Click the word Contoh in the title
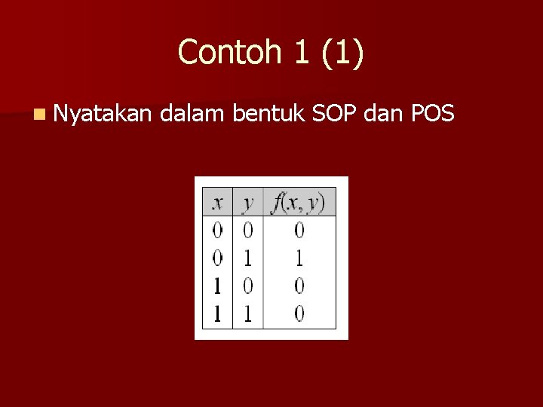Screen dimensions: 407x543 225,52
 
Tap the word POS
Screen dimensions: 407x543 433,114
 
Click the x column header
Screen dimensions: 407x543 217,202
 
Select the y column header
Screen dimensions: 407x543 247,202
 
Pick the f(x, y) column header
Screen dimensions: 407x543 299,202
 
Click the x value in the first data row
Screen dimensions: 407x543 217,230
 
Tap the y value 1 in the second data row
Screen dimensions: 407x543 247,259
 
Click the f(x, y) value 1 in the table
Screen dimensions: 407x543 299,259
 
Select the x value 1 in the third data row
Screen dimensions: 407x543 217,286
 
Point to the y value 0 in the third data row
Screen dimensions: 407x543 247,286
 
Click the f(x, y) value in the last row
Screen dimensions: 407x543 299,314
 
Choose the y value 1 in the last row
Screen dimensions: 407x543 247,314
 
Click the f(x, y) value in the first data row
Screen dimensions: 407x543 299,230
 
